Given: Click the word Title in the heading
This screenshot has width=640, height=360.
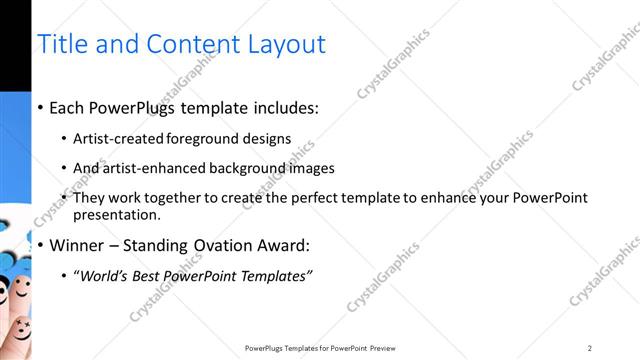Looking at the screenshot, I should [x=62, y=44].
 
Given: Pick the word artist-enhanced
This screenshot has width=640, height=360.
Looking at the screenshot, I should [x=145, y=168].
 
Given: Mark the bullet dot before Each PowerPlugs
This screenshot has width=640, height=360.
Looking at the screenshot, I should [x=40, y=107].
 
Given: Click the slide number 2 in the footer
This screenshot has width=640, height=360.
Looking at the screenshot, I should [x=590, y=348].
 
